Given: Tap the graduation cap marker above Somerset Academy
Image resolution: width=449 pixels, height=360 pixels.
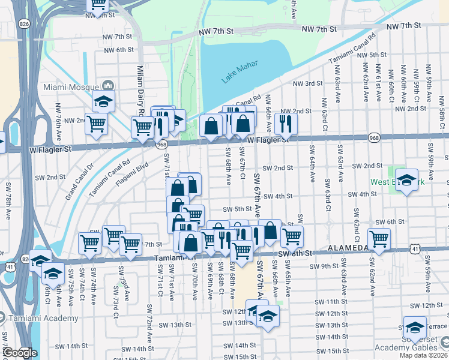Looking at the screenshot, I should pyautogui.click(x=414, y=328).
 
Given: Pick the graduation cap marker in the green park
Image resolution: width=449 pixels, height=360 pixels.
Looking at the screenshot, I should pyautogui.click(x=406, y=181).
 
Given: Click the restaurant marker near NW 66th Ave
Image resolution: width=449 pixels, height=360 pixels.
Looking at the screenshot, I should pyautogui.click(x=286, y=124).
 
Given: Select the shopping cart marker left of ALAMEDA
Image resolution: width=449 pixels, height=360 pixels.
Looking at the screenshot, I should pyautogui.click(x=379, y=239).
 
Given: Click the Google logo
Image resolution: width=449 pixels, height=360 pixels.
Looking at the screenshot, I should pyautogui.click(x=19, y=353).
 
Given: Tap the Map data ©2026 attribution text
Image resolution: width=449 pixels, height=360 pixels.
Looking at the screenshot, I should pyautogui.click(x=423, y=355).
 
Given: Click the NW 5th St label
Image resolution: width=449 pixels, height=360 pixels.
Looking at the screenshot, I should pyautogui.click(x=372, y=55).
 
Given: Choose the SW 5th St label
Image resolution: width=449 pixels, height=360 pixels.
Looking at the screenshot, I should pyautogui.click(x=236, y=209).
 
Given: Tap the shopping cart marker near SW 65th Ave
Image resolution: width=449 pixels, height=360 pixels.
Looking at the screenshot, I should pyautogui.click(x=292, y=237).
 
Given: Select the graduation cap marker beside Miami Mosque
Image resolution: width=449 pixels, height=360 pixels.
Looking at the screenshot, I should pyautogui.click(x=103, y=101).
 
